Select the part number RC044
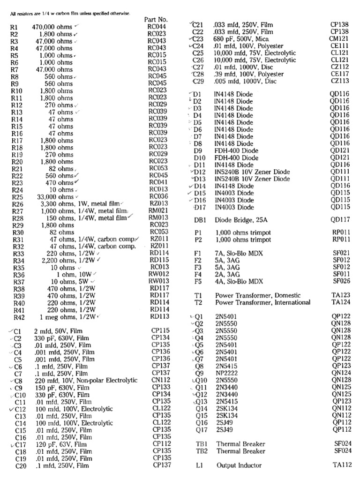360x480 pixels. pos(157,27)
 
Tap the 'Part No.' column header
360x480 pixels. pos(156,20)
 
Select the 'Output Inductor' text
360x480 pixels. pos(239,465)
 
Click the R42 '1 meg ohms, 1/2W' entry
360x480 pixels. pos(70,317)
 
